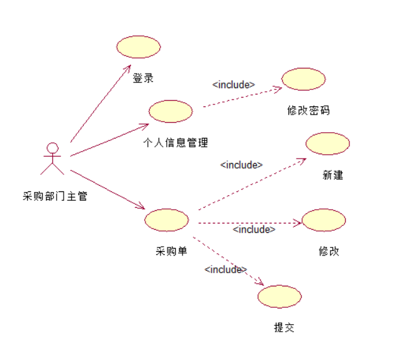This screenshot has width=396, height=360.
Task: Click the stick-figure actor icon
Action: click(52, 159)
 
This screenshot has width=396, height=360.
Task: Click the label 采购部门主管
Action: click(54, 196)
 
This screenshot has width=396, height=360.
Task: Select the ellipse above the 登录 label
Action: click(139, 47)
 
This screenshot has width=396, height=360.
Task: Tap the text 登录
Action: click(143, 79)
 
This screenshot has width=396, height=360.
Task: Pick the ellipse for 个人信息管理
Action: click(171, 111)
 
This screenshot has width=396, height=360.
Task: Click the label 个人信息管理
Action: click(176, 143)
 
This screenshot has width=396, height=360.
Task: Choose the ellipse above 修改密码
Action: click(303, 79)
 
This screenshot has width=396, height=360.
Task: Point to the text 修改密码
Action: click(308, 110)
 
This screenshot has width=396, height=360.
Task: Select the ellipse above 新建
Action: click(327, 143)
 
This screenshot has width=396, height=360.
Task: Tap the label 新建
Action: click(332, 175)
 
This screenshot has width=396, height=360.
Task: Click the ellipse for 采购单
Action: click(166, 220)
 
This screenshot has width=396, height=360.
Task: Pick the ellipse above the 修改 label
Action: click(324, 220)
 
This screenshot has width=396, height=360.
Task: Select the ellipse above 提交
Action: click(279, 296)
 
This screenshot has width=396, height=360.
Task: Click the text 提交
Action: click(284, 327)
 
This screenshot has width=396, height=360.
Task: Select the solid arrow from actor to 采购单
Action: click(107, 189)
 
